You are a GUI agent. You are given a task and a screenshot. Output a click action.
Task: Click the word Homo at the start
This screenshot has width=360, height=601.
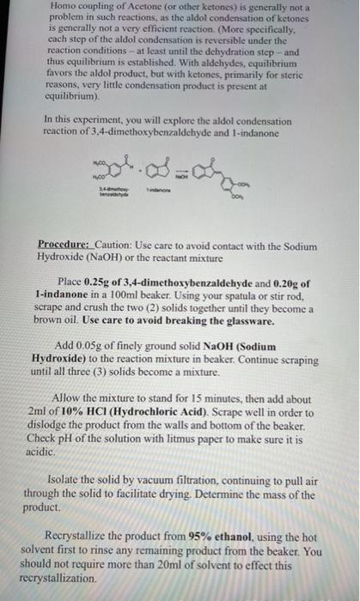pos(54,7)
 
